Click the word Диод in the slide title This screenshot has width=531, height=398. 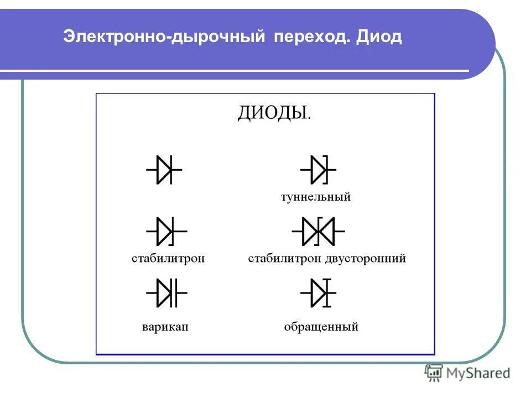point(379,38)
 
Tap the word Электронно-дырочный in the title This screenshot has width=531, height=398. point(164,38)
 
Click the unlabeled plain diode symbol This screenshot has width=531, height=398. point(164,170)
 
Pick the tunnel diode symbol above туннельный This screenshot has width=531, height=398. point(318,170)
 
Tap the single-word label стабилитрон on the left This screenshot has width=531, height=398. point(168,258)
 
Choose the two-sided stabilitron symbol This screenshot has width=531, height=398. point(318,231)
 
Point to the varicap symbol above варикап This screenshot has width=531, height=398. point(166,293)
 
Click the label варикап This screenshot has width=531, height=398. point(165,327)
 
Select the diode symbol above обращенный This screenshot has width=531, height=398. point(319,293)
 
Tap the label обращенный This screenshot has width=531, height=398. point(321,327)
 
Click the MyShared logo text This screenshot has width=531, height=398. point(478,373)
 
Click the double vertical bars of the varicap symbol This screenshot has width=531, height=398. point(175,293)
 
